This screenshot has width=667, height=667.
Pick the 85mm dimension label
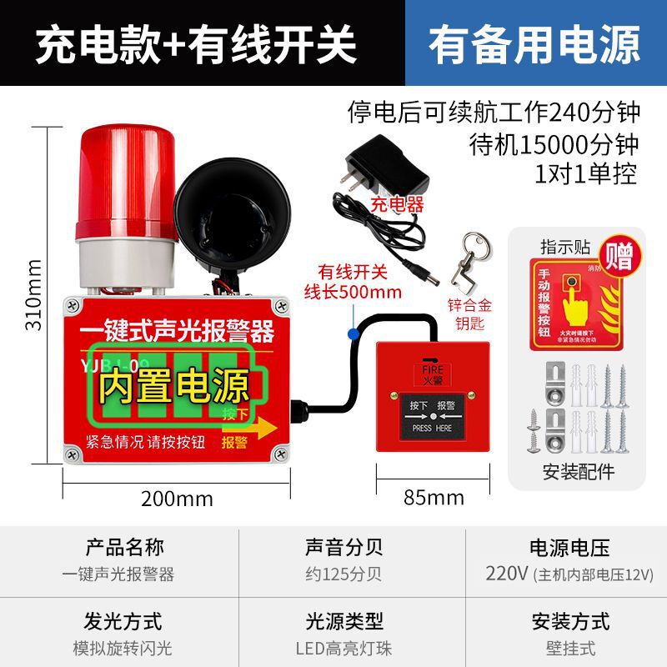(x=434, y=499)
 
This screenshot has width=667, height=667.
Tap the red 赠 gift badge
(x=618, y=253)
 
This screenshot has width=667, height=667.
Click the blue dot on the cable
(x=354, y=333)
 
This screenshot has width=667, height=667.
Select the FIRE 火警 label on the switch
(x=432, y=369)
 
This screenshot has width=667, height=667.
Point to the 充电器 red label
(x=397, y=204)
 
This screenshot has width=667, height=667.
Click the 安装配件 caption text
(x=578, y=472)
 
